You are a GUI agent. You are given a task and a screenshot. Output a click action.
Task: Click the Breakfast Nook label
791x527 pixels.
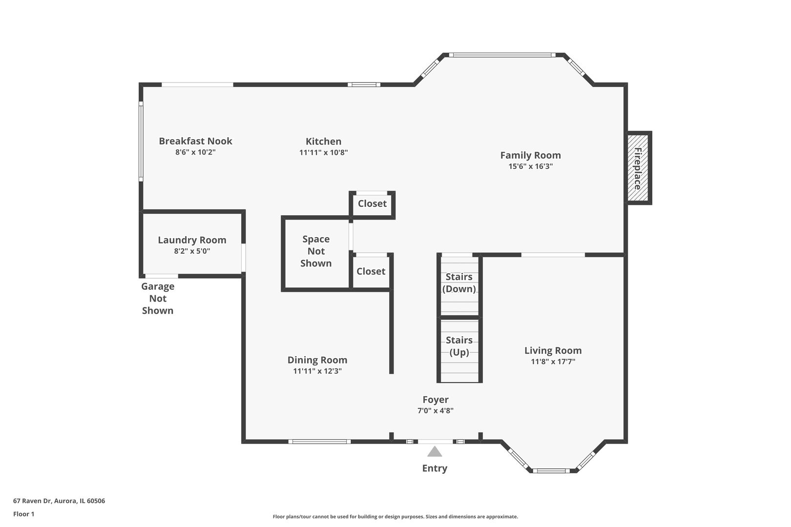[195, 141]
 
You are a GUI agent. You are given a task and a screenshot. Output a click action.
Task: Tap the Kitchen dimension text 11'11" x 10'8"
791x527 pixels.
[323, 152]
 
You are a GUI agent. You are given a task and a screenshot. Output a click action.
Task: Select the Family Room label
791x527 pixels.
[530, 155]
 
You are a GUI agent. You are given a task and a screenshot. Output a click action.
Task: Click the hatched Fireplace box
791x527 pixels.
[639, 168]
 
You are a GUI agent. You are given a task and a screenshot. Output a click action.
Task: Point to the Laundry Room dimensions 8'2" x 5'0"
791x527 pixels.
[192, 251]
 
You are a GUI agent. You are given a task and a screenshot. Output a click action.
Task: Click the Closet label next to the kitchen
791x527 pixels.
[372, 203]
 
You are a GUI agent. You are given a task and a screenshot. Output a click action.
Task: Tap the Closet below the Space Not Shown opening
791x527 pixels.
[371, 271]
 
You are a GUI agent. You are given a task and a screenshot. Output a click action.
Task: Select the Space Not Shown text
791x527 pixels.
[316, 251]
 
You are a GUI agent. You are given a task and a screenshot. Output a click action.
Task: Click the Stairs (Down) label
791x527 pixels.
[458, 283]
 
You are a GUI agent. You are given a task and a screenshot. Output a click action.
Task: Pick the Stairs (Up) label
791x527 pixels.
[459, 346]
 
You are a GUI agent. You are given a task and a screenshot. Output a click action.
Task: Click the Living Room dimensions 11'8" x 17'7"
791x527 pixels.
[553, 362]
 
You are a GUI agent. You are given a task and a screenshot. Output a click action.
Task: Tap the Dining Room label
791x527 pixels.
[317, 360]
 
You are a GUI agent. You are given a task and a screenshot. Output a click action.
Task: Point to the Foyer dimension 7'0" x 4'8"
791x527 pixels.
[436, 410]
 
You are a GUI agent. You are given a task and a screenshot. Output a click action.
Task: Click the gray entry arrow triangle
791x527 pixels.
[435, 452]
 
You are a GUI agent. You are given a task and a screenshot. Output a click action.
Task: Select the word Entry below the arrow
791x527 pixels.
[435, 468]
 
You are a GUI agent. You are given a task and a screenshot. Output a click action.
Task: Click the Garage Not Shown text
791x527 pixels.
[158, 299]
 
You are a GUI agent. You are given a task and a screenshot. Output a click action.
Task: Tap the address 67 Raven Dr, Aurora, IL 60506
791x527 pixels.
[59, 501]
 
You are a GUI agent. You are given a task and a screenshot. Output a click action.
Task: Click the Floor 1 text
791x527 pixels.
[23, 514]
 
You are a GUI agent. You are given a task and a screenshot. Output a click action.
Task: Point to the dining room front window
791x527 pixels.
[320, 442]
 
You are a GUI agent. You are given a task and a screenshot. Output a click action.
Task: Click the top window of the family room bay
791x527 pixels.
[502, 55]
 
